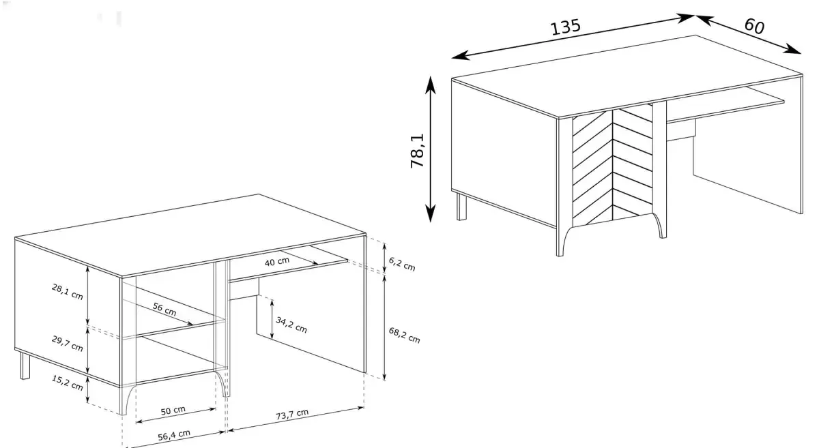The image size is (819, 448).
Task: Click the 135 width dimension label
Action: (565, 27)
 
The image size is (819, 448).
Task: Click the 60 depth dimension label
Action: (754, 27)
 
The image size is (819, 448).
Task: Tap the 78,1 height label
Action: (417, 151)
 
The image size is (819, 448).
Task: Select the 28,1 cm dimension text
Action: (68, 292)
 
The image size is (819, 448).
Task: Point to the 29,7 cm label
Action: (68, 344)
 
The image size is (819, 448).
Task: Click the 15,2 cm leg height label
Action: (68, 383)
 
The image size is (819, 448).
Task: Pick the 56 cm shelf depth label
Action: (164, 309)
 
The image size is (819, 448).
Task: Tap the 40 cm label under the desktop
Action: (277, 262)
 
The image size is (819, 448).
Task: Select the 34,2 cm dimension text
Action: (291, 325)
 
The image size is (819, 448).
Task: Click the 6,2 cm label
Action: (402, 264)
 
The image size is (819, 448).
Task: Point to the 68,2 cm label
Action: (404, 335)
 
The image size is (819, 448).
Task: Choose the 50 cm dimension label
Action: (173, 410)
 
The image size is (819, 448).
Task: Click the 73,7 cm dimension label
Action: (292, 415)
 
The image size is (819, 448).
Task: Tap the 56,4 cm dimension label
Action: (174, 435)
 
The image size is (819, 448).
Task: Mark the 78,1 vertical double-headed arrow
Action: (431, 149)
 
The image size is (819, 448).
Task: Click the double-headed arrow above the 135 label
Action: (573, 37)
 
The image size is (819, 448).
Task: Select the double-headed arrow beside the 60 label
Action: (749, 35)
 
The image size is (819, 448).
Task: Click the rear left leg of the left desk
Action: (25, 365)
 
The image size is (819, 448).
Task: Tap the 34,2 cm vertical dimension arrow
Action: (272, 319)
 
